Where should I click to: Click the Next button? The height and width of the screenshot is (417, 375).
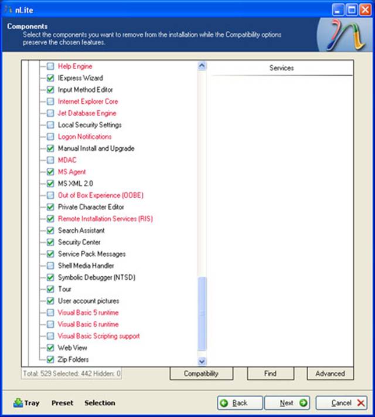tap(287, 403)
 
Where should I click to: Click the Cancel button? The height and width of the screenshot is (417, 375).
tap(343, 403)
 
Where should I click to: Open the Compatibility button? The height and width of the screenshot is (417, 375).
tap(201, 373)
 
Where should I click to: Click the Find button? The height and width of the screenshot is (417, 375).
tap(270, 373)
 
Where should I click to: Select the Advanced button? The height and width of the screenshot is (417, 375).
tap(330, 373)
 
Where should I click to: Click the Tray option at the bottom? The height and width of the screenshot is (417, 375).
tap(26, 403)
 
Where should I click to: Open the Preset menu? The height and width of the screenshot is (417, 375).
tap(62, 403)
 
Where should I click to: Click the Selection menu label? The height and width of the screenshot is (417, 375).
tap(100, 403)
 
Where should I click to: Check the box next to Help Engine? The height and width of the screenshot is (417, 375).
tap(50, 66)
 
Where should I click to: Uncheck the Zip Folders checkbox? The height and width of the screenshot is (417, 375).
tap(50, 360)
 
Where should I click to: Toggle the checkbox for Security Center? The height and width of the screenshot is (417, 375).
tap(50, 242)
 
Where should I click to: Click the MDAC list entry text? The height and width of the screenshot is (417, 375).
tap(67, 160)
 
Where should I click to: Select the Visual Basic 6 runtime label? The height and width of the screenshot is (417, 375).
tap(88, 324)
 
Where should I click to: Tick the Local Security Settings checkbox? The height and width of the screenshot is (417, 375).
tap(50, 125)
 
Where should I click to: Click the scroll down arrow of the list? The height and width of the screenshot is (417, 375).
tap(202, 362)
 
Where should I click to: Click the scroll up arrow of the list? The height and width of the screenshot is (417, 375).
tap(202, 66)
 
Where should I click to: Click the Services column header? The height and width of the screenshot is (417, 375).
tap(281, 68)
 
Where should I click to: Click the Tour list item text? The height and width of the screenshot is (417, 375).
tap(64, 289)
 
